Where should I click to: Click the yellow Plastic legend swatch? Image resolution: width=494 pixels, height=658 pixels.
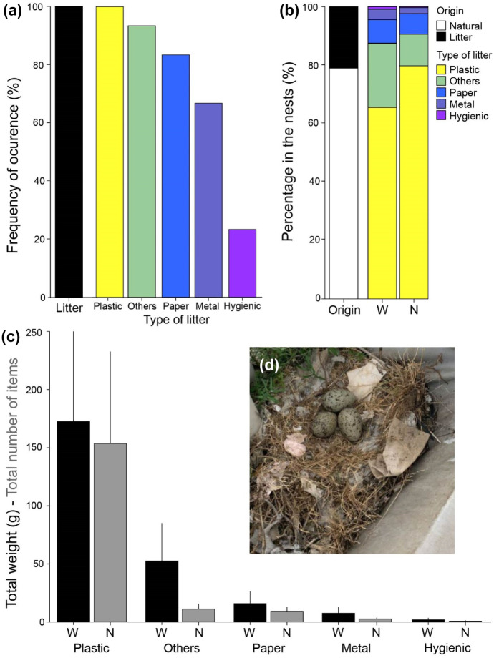click(442, 69)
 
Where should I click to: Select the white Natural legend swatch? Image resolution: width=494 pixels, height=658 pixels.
click(442, 24)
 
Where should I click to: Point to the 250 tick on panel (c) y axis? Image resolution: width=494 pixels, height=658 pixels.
click(33, 332)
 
